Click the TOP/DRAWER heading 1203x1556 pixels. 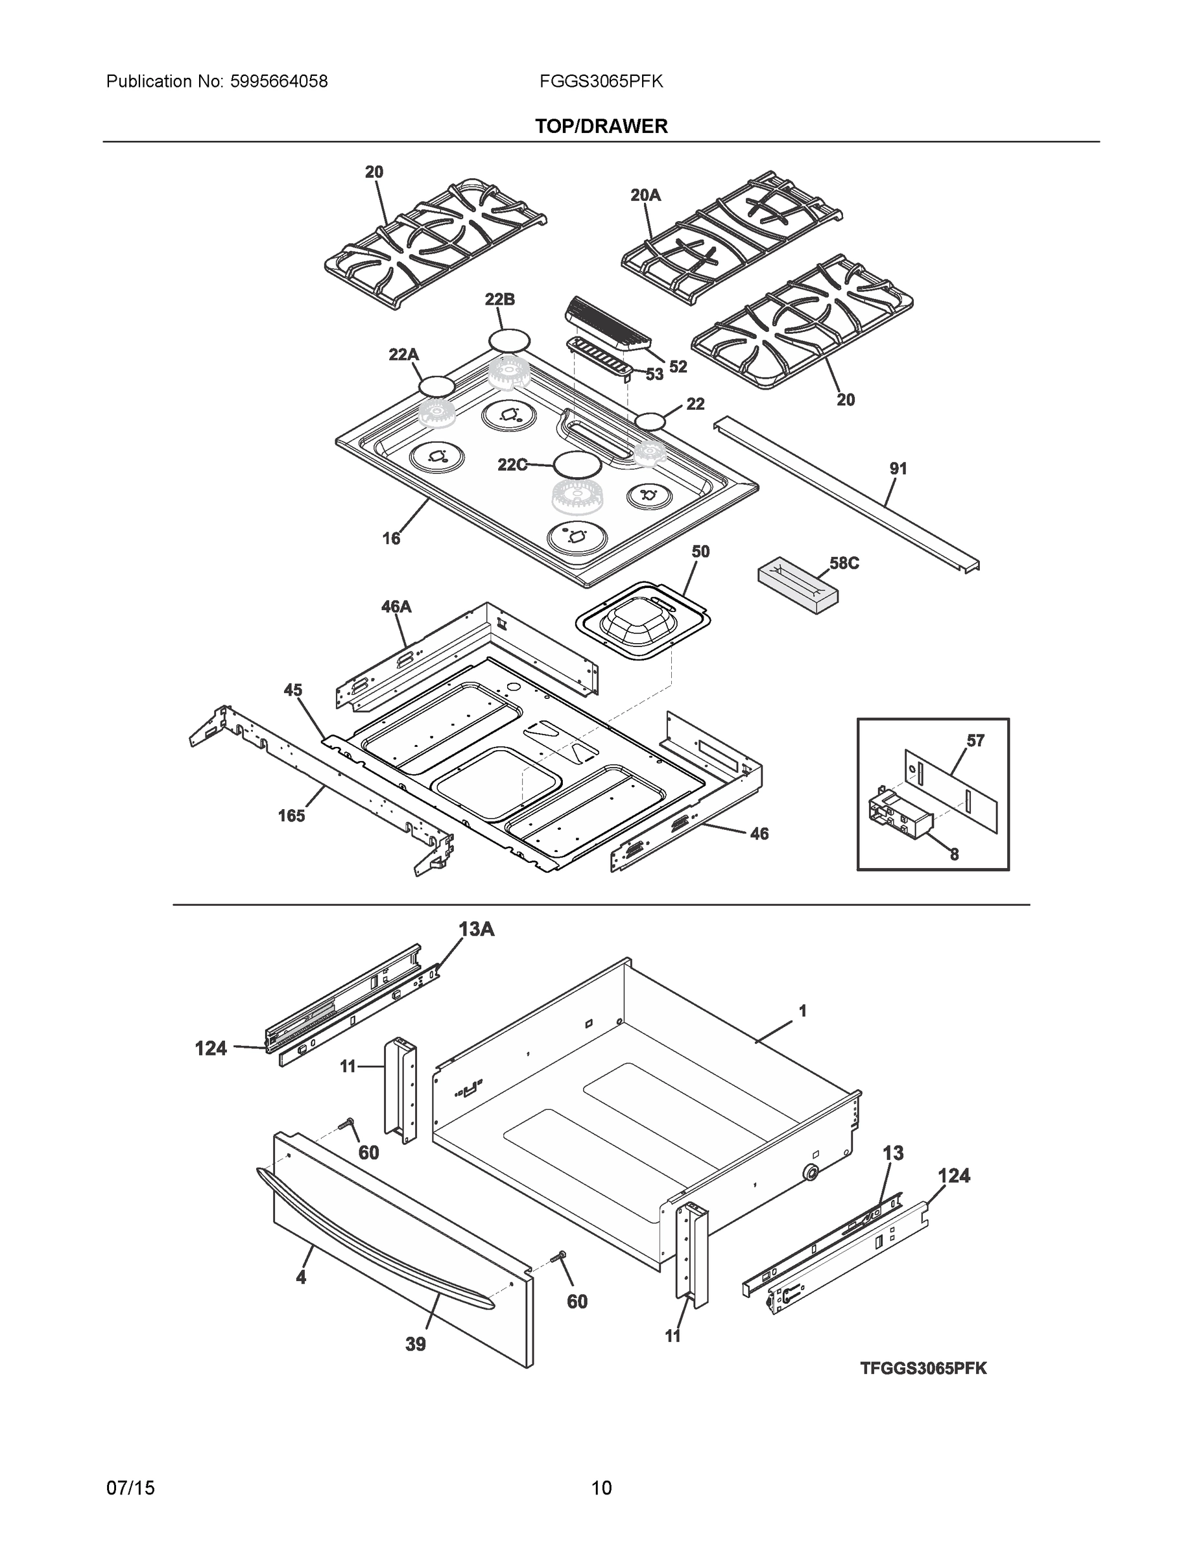pyautogui.click(x=602, y=126)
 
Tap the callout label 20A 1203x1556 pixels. pyautogui.click(x=645, y=194)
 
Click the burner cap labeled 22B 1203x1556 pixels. pyautogui.click(x=509, y=340)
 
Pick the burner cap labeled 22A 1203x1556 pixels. pyautogui.click(x=436, y=387)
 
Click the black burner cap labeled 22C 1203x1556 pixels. pyautogui.click(x=577, y=464)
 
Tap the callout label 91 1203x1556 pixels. pyautogui.click(x=898, y=468)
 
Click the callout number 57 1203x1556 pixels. pyautogui.click(x=975, y=740)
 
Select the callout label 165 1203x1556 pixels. pyautogui.click(x=291, y=815)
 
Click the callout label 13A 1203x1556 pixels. pyautogui.click(x=476, y=929)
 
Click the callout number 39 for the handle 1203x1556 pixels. pyautogui.click(x=416, y=1344)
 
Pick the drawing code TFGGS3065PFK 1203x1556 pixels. pyautogui.click(x=923, y=1368)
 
